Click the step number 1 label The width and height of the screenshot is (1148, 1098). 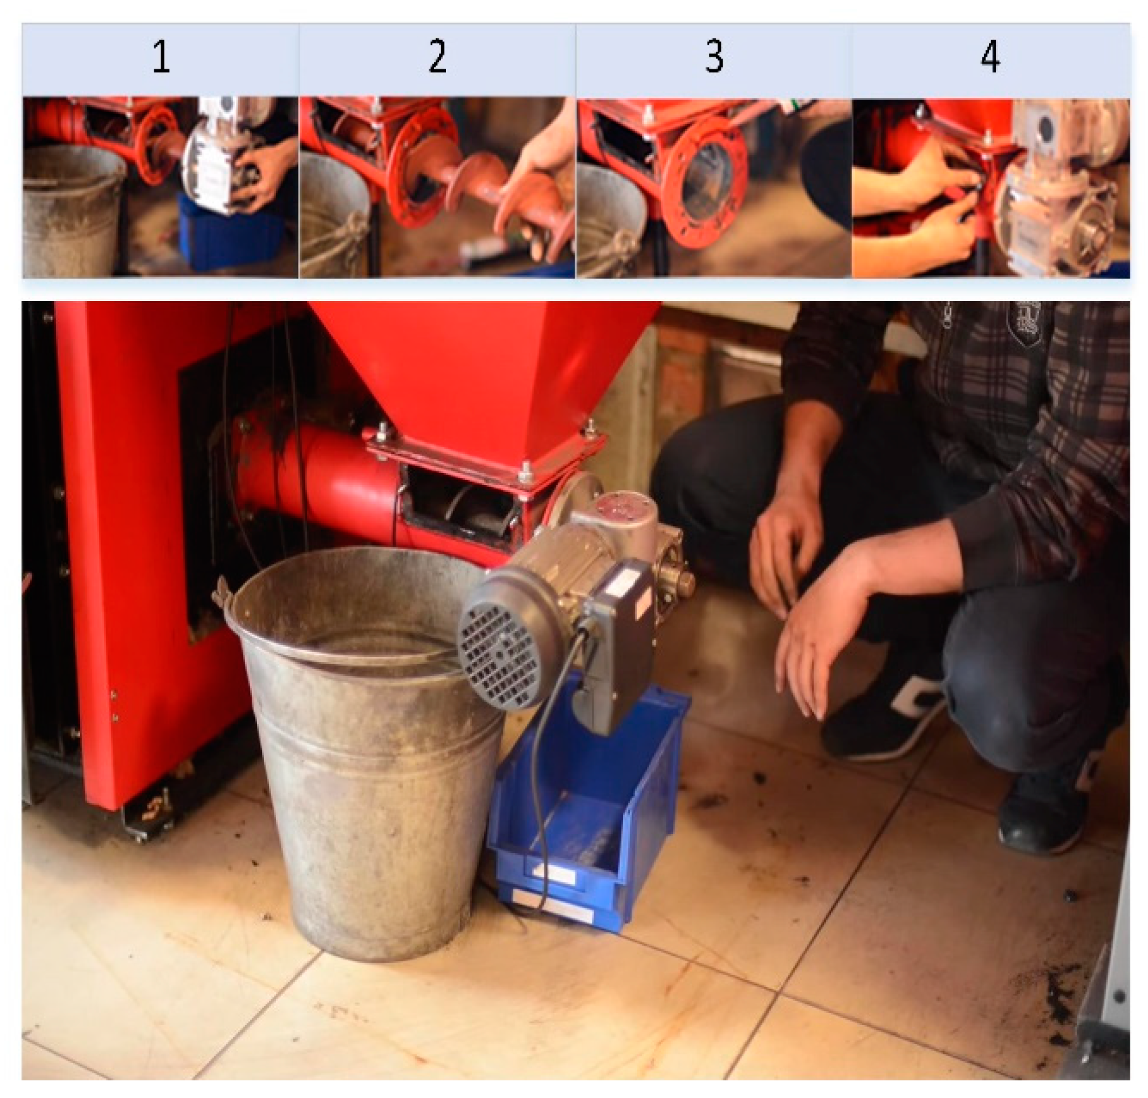(x=161, y=57)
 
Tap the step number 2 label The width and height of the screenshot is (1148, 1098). (x=437, y=57)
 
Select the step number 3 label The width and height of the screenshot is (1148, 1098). (x=714, y=57)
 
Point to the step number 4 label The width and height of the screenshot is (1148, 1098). (x=990, y=57)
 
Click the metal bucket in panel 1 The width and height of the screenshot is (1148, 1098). (x=72, y=211)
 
